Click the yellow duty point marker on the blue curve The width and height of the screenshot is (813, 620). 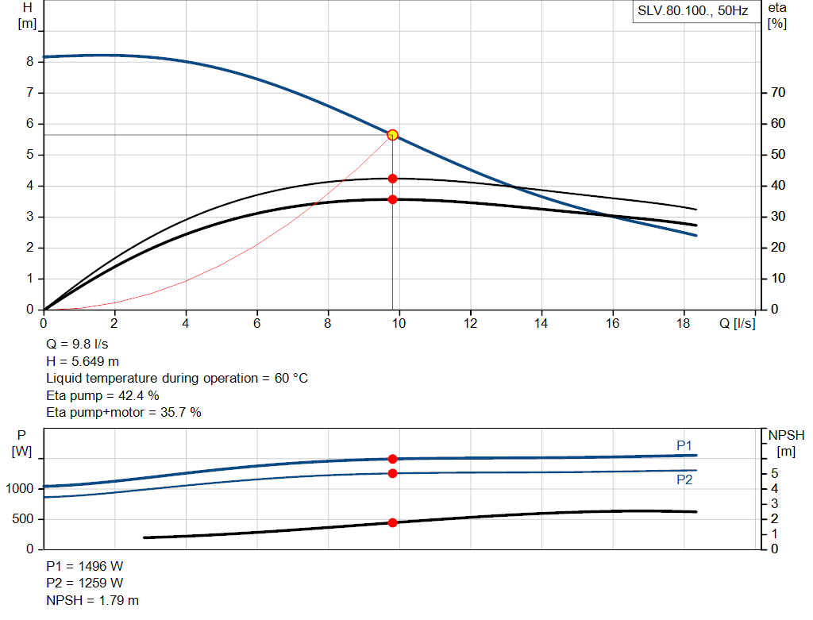point(392,135)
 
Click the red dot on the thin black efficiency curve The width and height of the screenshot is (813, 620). point(392,179)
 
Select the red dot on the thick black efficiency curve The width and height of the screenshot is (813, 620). point(392,199)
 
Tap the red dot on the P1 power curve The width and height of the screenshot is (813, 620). point(392,459)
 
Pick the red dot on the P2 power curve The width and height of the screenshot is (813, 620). point(392,473)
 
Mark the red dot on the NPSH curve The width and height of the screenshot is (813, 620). point(392,522)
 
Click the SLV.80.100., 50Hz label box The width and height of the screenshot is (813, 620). point(692,12)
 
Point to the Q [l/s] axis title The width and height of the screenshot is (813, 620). point(738,323)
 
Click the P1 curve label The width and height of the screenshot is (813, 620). point(684,445)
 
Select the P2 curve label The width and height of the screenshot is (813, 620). point(684,479)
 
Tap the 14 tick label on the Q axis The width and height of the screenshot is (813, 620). point(541,323)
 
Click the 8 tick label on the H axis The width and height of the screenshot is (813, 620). point(29,61)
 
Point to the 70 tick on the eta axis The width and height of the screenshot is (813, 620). point(778,93)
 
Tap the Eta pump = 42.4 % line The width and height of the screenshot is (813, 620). point(102,395)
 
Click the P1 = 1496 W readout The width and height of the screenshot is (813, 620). point(85,566)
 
